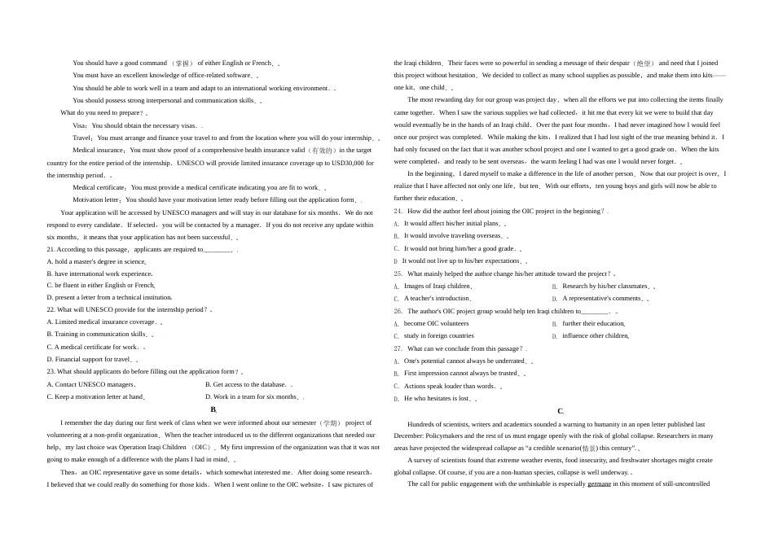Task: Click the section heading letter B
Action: pos(213,409)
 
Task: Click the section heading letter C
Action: pos(560,411)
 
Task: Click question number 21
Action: pos(51,249)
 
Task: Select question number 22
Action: pos(51,309)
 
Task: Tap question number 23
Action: pos(51,371)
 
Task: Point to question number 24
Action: pos(398,211)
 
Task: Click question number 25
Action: pos(398,273)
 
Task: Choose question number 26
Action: pos(398,311)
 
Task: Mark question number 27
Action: pos(398,348)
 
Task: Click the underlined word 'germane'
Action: pos(599,484)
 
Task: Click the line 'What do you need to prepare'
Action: pos(102,113)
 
